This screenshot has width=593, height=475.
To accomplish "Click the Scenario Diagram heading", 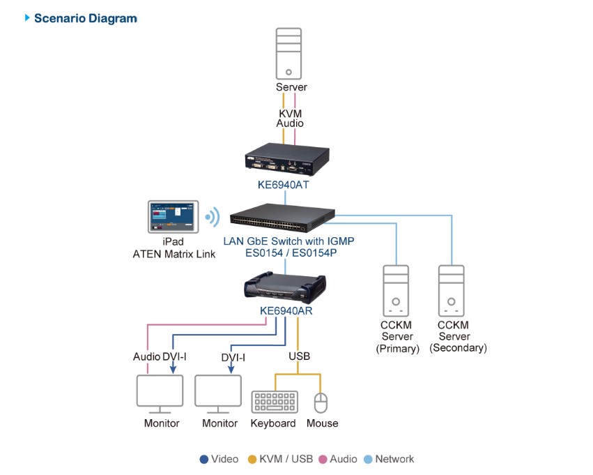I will click(85, 18).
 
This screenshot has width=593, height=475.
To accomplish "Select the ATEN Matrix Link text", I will click(174, 254).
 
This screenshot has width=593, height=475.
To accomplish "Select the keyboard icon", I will click(274, 402).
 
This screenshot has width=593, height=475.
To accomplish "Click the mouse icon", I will click(321, 403).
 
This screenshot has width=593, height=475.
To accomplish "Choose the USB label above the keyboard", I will click(299, 356).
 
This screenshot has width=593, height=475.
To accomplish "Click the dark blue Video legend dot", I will click(203, 459).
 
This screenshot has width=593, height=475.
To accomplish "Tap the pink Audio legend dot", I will click(323, 459).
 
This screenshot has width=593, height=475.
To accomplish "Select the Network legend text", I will click(394, 459).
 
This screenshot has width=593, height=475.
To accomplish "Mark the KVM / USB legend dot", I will click(252, 459).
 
